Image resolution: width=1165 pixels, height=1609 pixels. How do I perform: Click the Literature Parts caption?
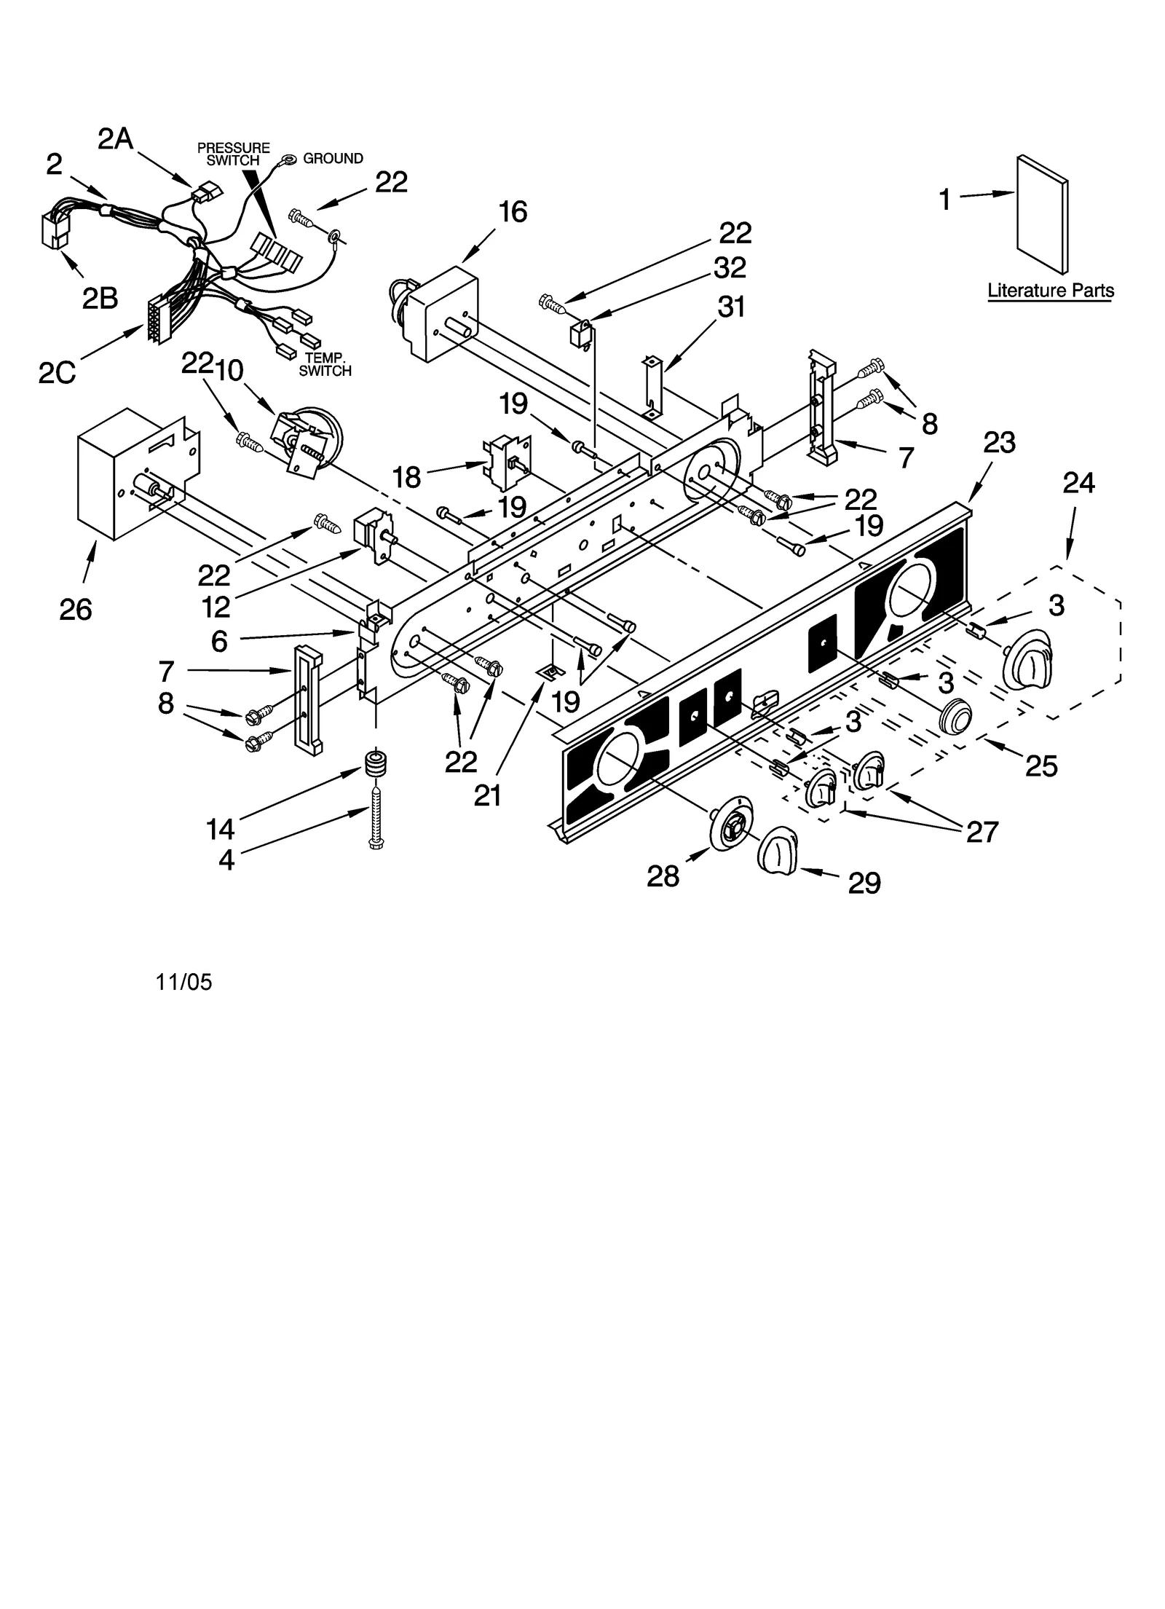[1050, 291]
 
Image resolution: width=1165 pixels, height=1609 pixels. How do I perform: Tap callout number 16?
[513, 212]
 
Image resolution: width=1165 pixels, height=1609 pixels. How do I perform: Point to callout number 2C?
[58, 373]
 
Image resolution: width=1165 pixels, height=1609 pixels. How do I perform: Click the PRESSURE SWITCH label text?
[233, 154]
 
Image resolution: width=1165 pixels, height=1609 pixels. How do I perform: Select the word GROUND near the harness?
[333, 159]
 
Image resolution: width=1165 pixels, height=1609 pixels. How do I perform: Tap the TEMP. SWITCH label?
[325, 364]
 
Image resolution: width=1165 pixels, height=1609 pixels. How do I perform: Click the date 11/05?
[183, 983]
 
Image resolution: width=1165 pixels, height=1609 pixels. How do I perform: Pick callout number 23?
[999, 442]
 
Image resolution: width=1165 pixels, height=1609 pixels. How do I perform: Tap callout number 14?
[220, 829]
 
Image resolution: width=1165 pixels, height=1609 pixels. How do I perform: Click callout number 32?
[730, 268]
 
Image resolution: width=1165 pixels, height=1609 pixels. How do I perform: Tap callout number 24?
[1078, 482]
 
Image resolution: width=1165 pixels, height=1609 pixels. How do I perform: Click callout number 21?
[487, 795]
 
